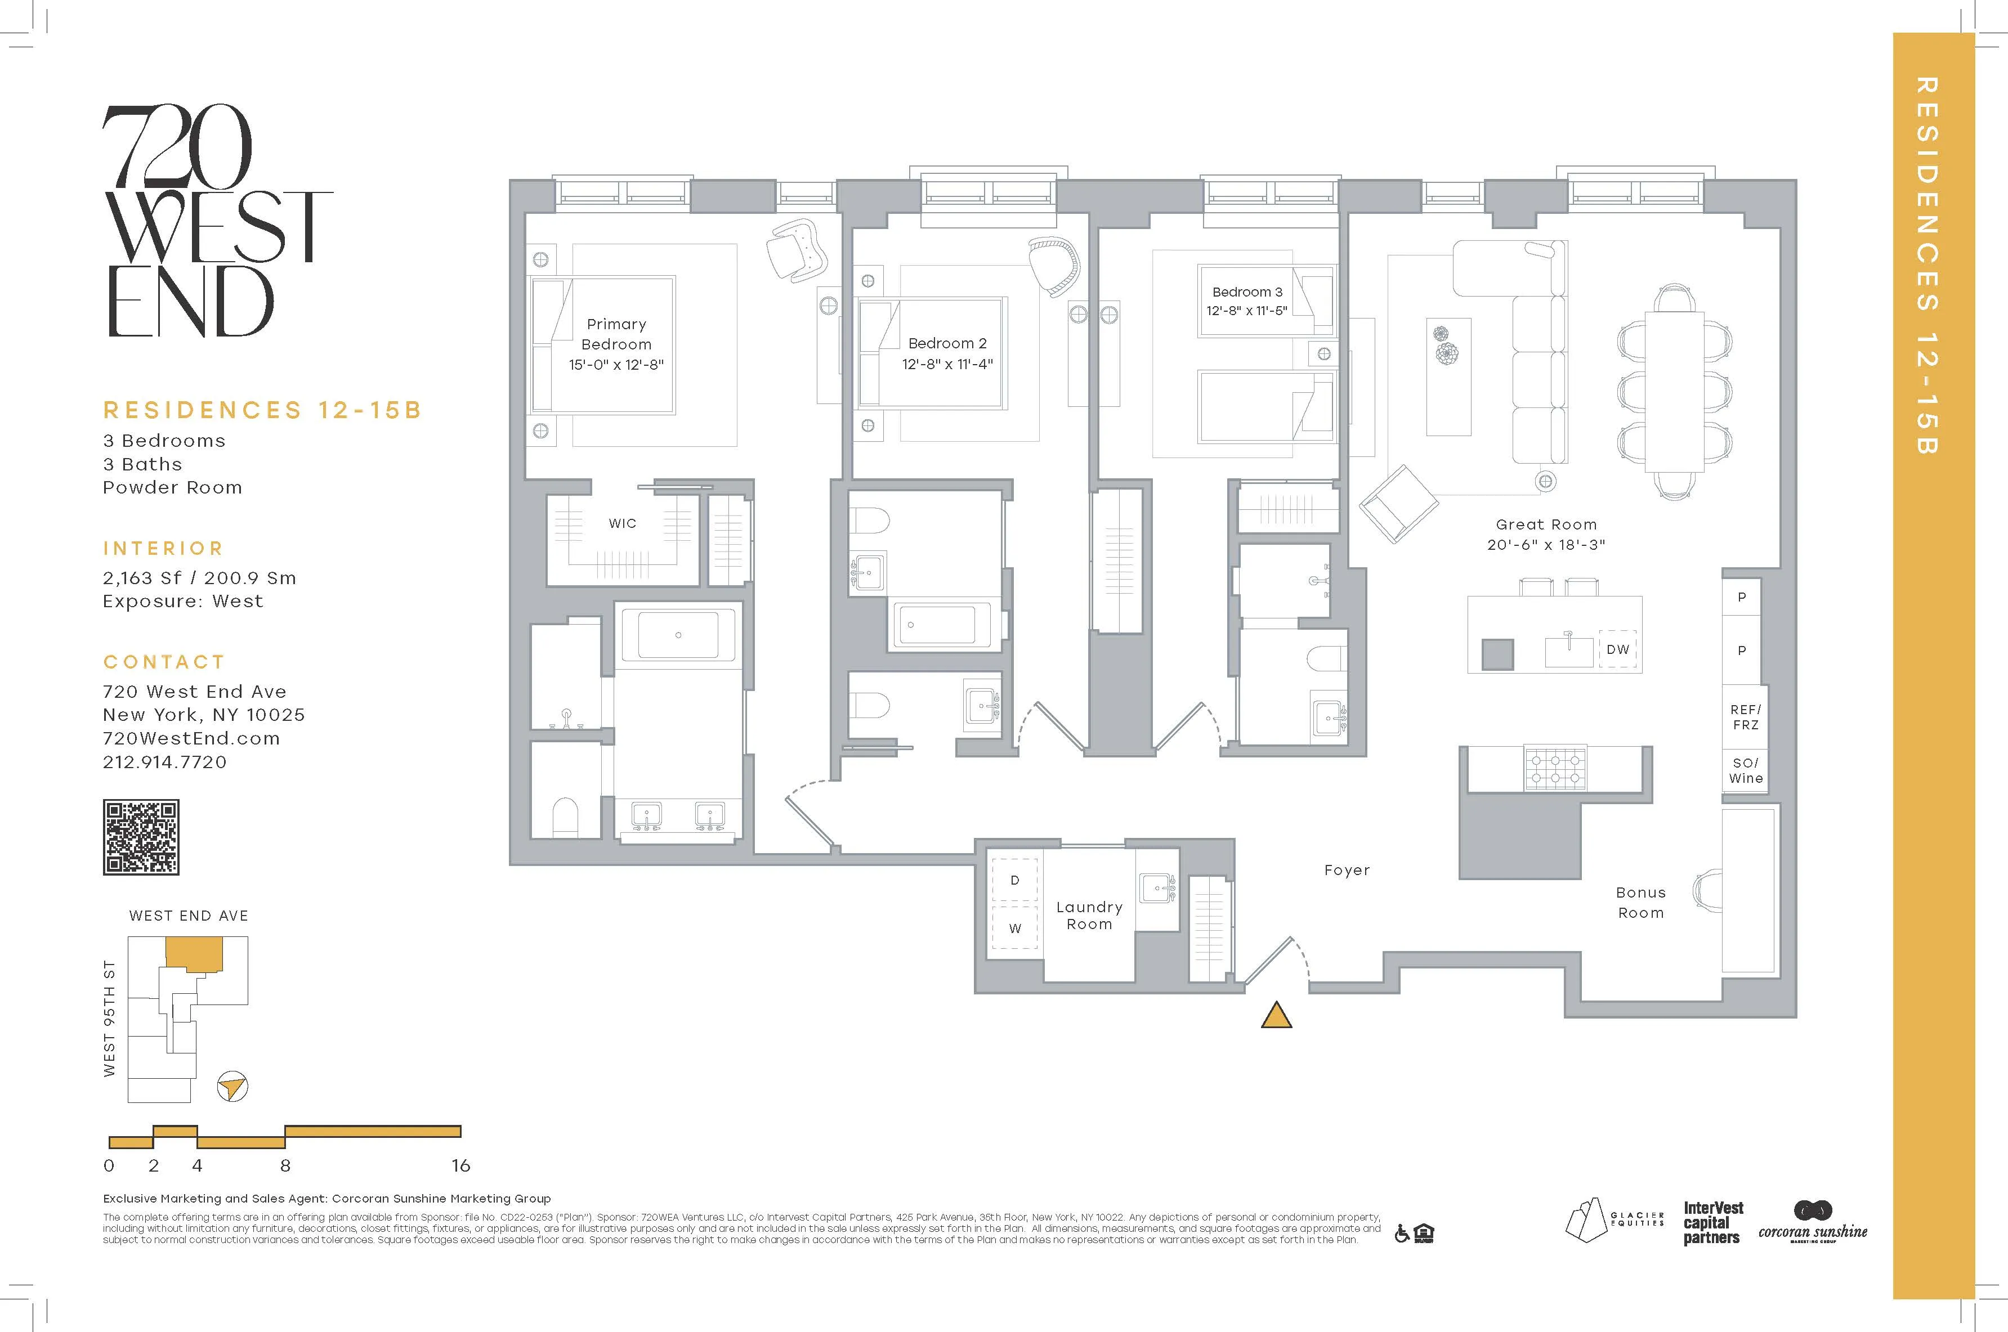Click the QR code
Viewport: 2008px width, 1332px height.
(x=141, y=837)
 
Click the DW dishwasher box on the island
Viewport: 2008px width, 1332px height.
(x=1618, y=649)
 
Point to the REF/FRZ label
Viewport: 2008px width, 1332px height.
(x=1746, y=717)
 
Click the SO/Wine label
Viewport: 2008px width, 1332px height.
(x=1746, y=770)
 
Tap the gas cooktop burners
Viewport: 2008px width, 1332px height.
(x=1555, y=769)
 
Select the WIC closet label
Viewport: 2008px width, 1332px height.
(x=622, y=523)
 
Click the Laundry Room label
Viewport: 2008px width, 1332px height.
(x=1089, y=916)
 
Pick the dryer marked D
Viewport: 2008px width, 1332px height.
(x=1014, y=880)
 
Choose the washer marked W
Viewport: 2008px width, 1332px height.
(x=1014, y=929)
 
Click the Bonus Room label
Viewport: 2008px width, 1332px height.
(x=1640, y=902)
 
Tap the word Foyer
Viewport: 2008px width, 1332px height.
(x=1347, y=870)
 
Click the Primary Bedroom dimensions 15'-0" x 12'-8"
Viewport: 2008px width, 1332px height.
(x=616, y=365)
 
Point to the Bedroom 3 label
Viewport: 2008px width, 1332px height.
(x=1247, y=291)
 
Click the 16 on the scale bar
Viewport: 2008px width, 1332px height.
(x=460, y=1165)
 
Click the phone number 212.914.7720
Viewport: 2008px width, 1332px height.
(x=165, y=762)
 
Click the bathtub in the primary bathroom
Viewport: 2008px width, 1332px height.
(x=678, y=635)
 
